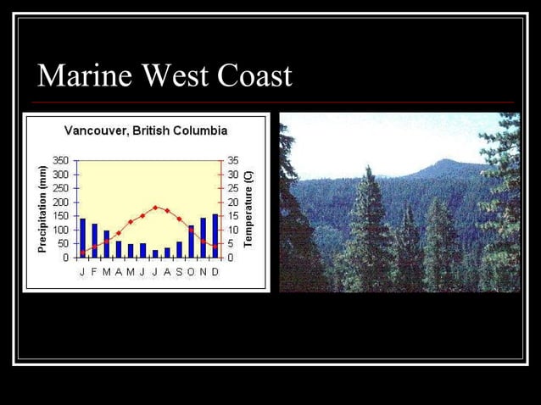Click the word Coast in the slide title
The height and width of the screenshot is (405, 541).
click(x=255, y=76)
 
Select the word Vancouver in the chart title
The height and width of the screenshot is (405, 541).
click(x=95, y=131)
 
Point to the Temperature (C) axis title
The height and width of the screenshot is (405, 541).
click(x=248, y=208)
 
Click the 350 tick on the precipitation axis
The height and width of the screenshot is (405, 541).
click(x=60, y=160)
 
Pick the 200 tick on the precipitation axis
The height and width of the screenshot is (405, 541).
click(x=60, y=202)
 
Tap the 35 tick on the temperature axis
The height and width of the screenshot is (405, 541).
click(x=233, y=160)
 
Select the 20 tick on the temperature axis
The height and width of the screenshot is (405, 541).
click(x=233, y=202)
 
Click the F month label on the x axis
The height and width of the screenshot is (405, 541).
click(x=94, y=271)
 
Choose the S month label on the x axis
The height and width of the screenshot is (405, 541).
click(x=179, y=271)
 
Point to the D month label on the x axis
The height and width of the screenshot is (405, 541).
click(x=215, y=271)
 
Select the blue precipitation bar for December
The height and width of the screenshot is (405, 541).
click(x=215, y=236)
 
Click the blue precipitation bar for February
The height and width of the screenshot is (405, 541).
click(x=94, y=241)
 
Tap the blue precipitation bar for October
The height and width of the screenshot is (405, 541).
click(x=191, y=241)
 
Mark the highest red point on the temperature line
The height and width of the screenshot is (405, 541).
click(x=155, y=207)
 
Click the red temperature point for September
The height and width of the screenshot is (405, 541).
click(x=179, y=219)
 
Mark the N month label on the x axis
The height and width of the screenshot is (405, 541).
click(x=203, y=271)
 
